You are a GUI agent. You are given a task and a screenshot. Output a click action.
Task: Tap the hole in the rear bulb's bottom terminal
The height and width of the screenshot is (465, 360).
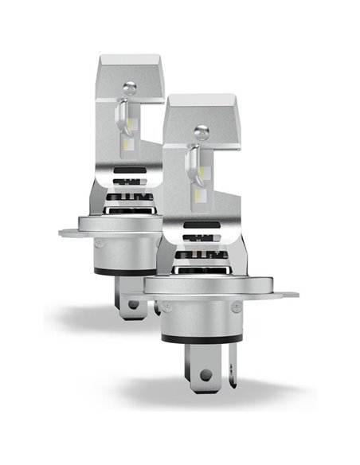[132, 303]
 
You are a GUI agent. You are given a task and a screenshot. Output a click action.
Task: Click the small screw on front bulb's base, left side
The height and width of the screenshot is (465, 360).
[165, 306]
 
